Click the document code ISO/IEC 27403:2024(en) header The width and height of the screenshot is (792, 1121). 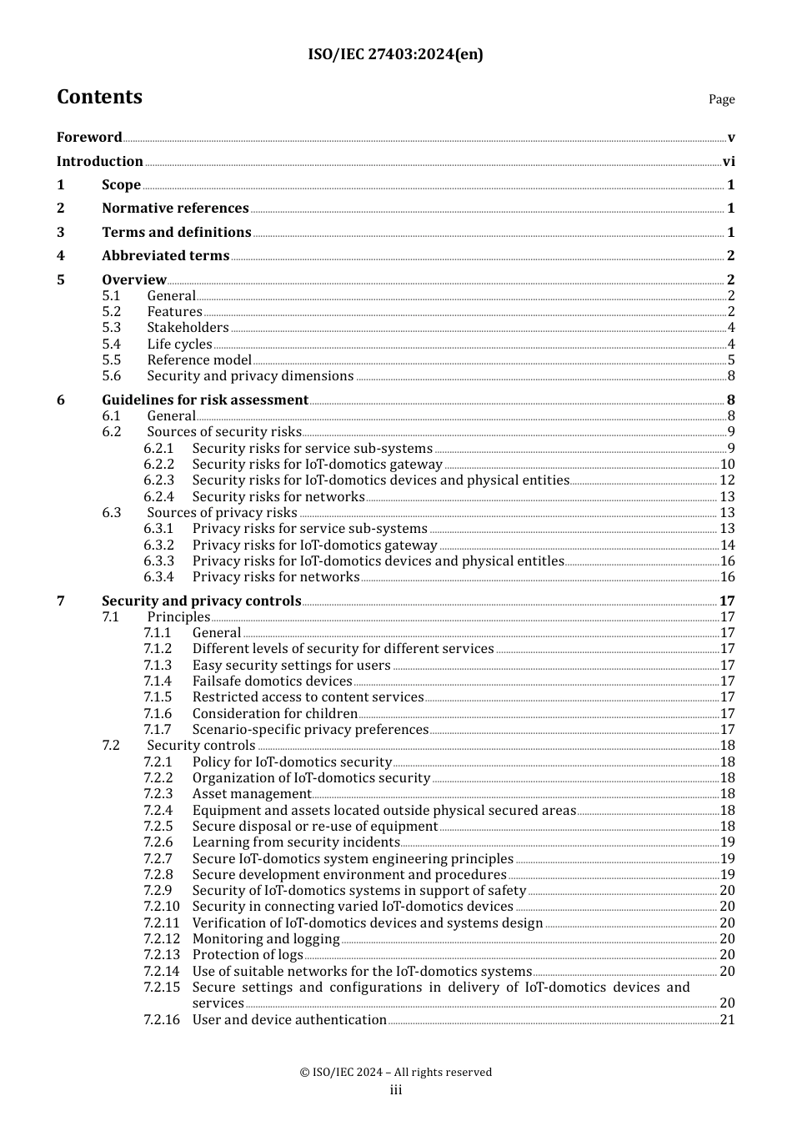click(x=395, y=54)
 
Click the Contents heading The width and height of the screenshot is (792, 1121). click(x=99, y=97)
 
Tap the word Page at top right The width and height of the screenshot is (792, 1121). click(x=721, y=99)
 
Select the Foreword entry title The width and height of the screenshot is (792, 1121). click(x=89, y=138)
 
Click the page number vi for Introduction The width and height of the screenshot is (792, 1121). click(x=729, y=162)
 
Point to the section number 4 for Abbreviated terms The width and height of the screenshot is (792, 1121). click(x=61, y=256)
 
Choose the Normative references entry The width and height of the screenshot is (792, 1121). click(x=175, y=209)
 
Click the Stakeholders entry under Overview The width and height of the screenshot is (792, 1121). click(x=188, y=328)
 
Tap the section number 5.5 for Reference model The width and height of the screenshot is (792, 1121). click(x=112, y=360)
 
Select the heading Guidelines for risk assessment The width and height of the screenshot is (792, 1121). click(x=205, y=400)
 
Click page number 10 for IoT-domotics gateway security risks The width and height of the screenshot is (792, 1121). click(x=727, y=465)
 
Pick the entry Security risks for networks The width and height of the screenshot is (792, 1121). click(x=278, y=497)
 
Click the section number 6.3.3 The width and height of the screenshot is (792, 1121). click(x=158, y=561)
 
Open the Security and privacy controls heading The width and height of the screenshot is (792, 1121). click(x=201, y=601)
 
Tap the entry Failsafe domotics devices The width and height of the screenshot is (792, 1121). click(x=272, y=681)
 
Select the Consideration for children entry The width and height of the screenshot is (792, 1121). click(x=275, y=714)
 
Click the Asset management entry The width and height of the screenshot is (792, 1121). click(x=252, y=794)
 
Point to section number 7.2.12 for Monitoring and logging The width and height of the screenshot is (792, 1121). click(x=161, y=939)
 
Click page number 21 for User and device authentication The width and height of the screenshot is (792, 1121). click(x=727, y=1020)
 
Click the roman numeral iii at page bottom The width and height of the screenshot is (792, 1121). click(x=396, y=1091)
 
